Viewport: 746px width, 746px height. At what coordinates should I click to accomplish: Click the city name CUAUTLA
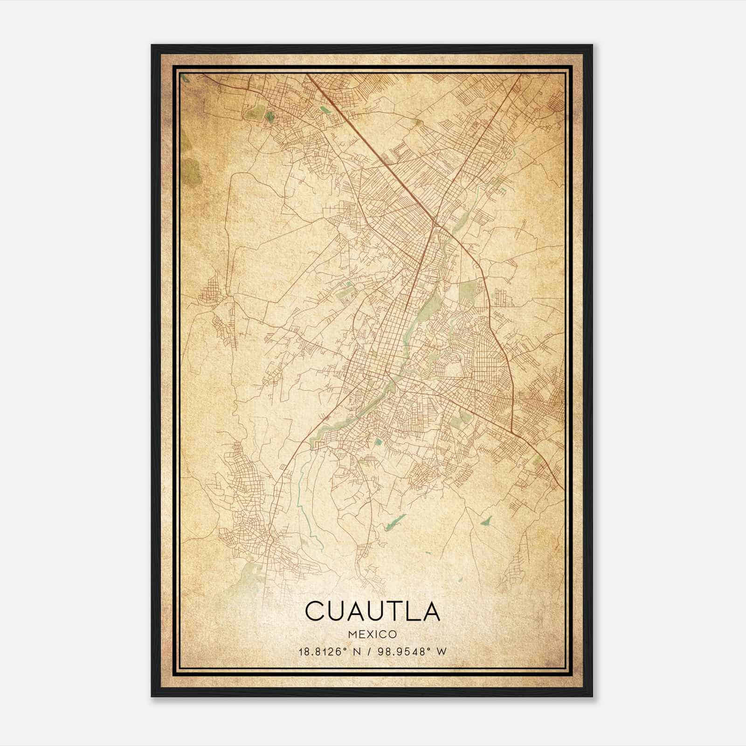373,611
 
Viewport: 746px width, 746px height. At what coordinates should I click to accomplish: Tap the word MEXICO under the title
373,635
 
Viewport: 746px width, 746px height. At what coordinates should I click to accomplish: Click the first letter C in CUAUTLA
316,611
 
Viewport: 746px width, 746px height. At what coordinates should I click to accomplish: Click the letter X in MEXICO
368,635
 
